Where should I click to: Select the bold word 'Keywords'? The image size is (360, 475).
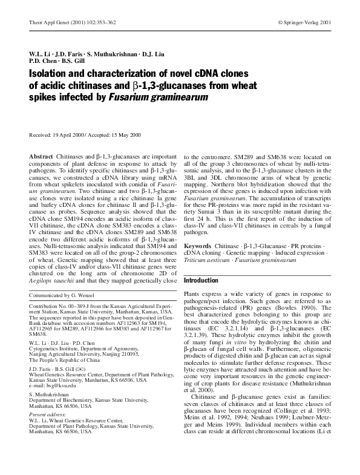(x=198, y=246)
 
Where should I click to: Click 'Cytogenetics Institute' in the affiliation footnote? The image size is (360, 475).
(x=56, y=353)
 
